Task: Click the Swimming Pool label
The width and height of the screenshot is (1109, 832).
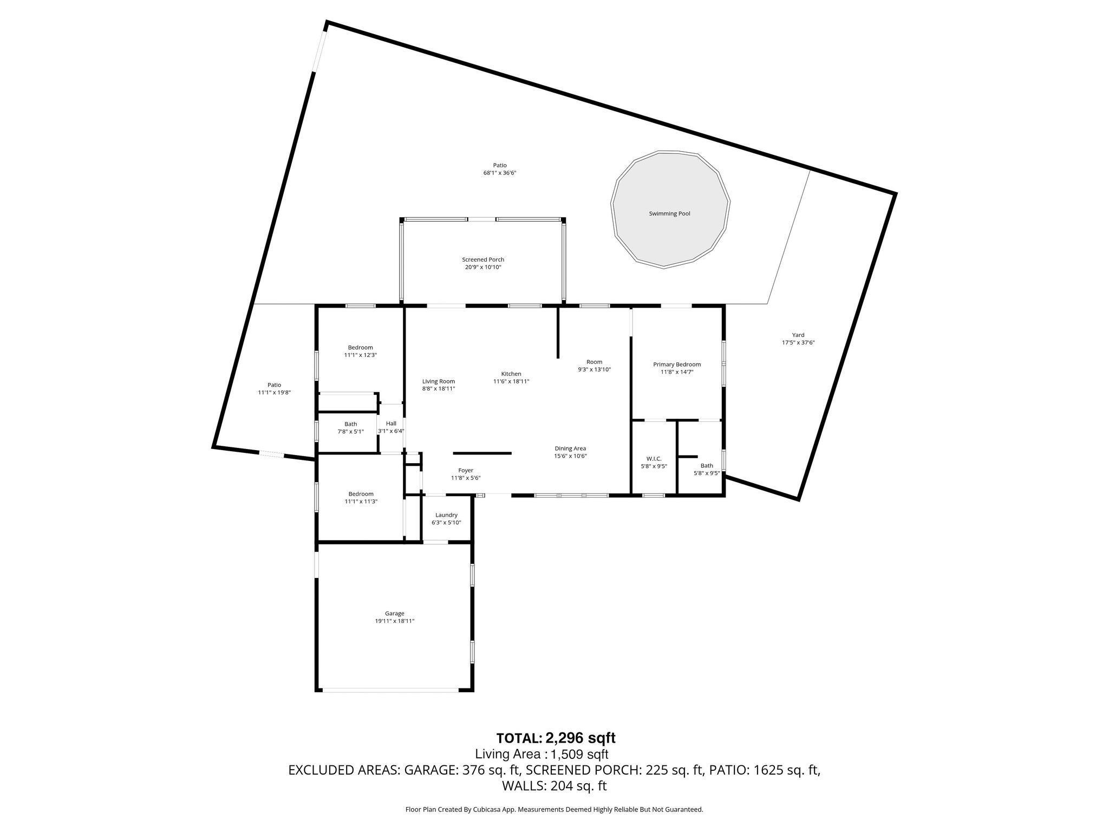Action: (669, 213)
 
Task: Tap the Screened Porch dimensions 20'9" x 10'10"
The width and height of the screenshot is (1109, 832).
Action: (483, 267)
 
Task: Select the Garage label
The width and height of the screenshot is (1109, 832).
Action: (395, 614)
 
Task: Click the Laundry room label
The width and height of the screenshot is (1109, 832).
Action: (446, 515)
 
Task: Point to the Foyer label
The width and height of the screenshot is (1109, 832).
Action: (466, 471)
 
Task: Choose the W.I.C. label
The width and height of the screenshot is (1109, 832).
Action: (654, 459)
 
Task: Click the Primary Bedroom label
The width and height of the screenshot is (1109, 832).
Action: (677, 365)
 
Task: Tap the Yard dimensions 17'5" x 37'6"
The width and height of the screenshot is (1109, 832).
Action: (798, 342)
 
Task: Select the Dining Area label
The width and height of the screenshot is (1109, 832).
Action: (570, 448)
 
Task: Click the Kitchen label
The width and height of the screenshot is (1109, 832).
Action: (511, 374)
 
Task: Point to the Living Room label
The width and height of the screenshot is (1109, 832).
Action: (439, 381)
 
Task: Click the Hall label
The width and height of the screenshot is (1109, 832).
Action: (391, 424)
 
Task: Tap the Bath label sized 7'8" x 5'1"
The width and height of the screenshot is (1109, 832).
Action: (351, 424)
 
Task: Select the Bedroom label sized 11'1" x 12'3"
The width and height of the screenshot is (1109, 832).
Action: (360, 348)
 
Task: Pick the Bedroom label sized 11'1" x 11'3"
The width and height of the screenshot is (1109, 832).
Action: (361, 494)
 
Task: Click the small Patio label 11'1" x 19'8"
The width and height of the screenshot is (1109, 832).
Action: (274, 385)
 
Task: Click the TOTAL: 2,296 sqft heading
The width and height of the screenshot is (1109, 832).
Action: (556, 738)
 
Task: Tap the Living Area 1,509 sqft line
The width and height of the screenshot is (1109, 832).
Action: (542, 754)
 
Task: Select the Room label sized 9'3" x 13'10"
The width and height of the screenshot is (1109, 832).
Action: (594, 362)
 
